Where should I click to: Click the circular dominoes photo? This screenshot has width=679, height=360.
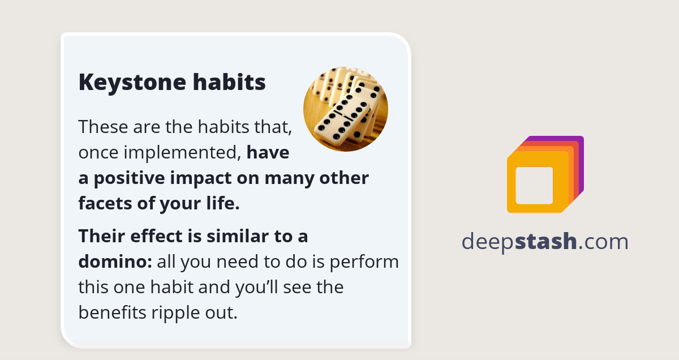(346, 109)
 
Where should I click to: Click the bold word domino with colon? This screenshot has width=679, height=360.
(115, 262)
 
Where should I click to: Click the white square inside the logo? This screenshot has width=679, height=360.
(534, 186)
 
